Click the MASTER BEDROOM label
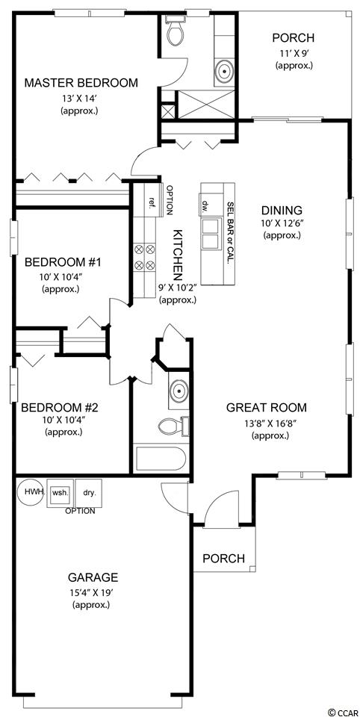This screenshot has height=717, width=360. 81,83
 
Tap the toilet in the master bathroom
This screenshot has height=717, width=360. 176,31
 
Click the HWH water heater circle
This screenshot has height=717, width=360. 31,492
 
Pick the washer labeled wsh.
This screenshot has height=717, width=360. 60,493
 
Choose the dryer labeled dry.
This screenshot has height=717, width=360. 88,493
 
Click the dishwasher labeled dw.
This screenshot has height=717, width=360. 205,204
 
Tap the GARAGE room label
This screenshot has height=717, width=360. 93,577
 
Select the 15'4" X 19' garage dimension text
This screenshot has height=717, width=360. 92,593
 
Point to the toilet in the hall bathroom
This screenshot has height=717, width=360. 173,426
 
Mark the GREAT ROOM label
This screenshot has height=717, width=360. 267,408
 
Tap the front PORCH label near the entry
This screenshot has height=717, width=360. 223,559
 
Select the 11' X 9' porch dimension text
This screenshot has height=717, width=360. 294,53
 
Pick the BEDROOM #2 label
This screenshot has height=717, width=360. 63,407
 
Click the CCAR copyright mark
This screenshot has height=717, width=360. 343,712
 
